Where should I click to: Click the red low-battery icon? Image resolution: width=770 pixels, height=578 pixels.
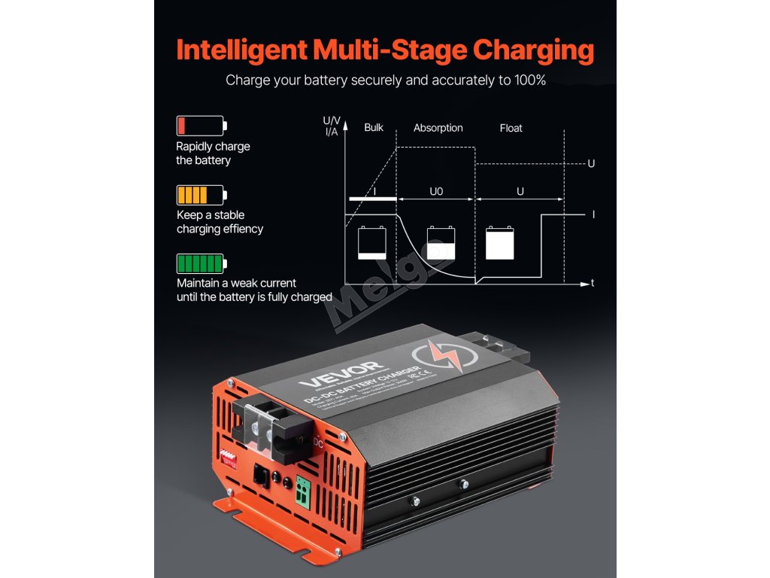click(201, 125)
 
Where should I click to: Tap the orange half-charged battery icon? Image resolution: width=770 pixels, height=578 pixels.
click(201, 195)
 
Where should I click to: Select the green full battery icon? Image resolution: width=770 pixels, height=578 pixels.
click(201, 263)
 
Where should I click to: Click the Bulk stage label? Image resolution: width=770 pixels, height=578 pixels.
click(374, 127)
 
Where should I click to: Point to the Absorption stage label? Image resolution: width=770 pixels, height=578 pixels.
click(438, 128)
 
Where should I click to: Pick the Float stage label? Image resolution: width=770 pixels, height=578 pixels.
click(511, 128)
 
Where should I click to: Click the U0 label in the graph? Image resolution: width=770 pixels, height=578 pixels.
click(436, 192)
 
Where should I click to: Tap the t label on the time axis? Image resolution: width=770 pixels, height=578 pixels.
click(593, 284)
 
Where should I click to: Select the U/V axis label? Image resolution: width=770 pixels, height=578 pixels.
click(331, 120)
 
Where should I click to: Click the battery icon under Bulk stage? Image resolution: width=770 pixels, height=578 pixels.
click(371, 243)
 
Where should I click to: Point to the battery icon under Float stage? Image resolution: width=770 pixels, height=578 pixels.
click(500, 243)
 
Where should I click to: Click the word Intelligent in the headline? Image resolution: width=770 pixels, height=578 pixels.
click(241, 50)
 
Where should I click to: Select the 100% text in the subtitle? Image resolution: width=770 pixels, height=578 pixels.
click(526, 80)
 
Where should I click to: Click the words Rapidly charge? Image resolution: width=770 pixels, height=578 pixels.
click(213, 146)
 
